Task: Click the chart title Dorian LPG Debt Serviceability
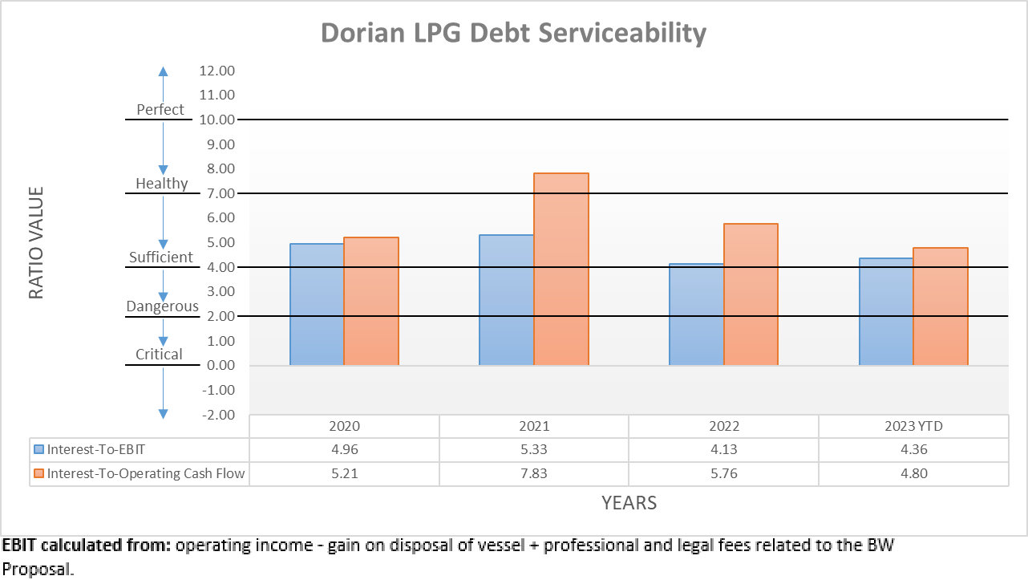pyautogui.click(x=513, y=33)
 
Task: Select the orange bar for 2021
pyautogui.click(x=561, y=269)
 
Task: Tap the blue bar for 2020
pyautogui.click(x=317, y=304)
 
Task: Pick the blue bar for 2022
pyautogui.click(x=696, y=314)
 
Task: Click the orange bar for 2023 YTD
pyautogui.click(x=941, y=306)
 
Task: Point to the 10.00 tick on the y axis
pyautogui.click(x=215, y=120)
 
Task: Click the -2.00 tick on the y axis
pyautogui.click(x=215, y=415)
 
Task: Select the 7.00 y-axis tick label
pyautogui.click(x=215, y=193)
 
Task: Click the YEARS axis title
pyautogui.click(x=629, y=503)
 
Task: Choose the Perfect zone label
pyautogui.click(x=160, y=110)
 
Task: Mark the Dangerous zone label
pyautogui.click(x=162, y=306)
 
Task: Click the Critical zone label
pyautogui.click(x=159, y=355)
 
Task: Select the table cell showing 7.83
pyautogui.click(x=533, y=473)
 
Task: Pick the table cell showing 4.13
pyautogui.click(x=723, y=449)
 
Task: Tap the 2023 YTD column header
pyautogui.click(x=913, y=426)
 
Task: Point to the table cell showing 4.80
pyautogui.click(x=913, y=473)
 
